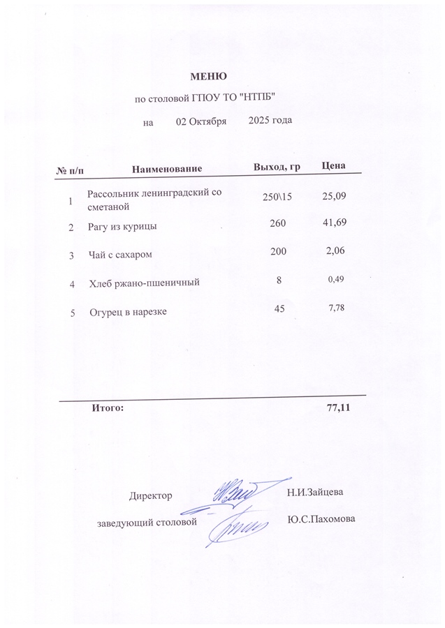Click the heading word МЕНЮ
tap(209, 75)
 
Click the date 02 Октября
tap(201, 121)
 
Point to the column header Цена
tap(333, 166)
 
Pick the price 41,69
tap(333, 223)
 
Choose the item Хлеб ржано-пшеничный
tap(145, 283)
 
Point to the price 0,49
tap(337, 279)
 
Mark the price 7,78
tap(337, 307)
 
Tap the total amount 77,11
tap(338, 408)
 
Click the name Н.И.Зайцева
tap(314, 493)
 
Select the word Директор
tap(150, 496)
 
